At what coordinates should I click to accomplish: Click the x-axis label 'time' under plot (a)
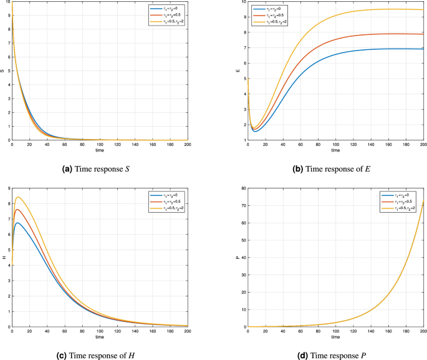coord(99,150)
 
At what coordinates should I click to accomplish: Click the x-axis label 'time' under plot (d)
coord(336,337)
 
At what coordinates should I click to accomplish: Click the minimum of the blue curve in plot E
coord(255,131)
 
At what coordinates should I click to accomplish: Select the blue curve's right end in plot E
coord(423,49)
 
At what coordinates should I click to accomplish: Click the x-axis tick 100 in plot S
coord(99,145)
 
